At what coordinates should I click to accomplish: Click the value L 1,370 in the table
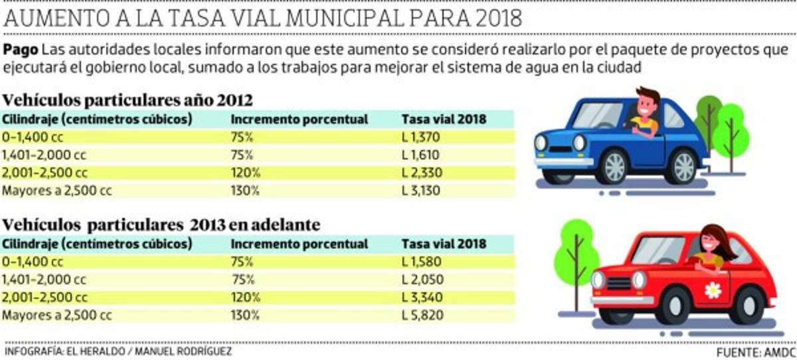point(421,137)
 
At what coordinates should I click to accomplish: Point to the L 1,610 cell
point(421,155)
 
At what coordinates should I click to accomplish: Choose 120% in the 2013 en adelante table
point(245,297)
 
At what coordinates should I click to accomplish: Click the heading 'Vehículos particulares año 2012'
point(128,101)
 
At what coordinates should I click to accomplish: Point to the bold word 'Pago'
point(20,50)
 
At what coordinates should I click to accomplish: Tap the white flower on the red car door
point(712,290)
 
